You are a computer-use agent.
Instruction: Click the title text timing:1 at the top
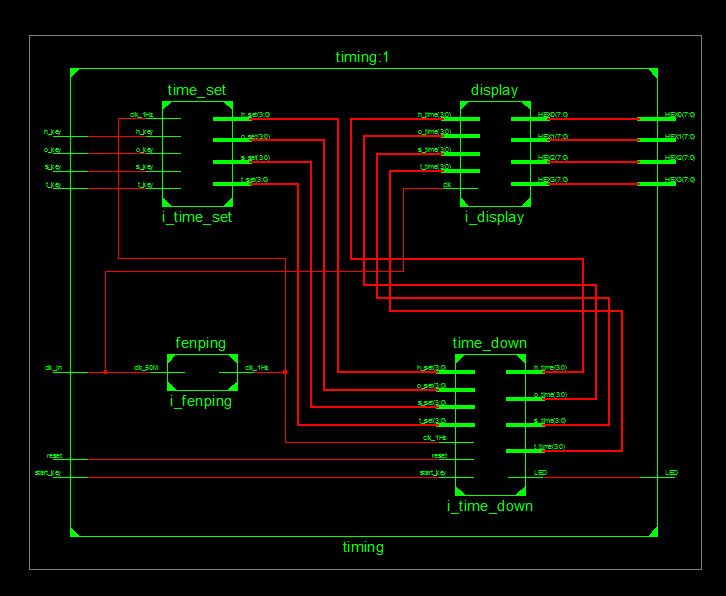362,58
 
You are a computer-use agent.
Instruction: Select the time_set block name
197,91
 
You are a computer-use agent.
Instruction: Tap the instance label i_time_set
197,217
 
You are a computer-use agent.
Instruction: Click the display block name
494,91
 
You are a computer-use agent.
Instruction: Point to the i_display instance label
494,217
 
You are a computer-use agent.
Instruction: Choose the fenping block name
201,344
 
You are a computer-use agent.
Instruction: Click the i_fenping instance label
201,402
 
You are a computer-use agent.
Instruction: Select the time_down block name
489,344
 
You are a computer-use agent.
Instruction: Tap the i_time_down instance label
489,506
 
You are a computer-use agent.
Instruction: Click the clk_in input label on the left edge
53,368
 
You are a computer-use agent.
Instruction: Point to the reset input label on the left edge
54,455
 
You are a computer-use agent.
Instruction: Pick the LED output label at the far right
672,473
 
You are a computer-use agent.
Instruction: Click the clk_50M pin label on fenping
146,368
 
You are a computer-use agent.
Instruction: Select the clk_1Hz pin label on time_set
141,115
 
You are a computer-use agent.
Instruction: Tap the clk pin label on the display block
447,185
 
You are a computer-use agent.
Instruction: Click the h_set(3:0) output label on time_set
254,115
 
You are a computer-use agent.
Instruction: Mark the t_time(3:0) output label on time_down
550,447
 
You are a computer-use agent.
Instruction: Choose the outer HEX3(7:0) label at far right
679,180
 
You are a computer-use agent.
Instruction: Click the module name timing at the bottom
363,547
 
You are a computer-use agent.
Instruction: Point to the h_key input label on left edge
53,132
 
